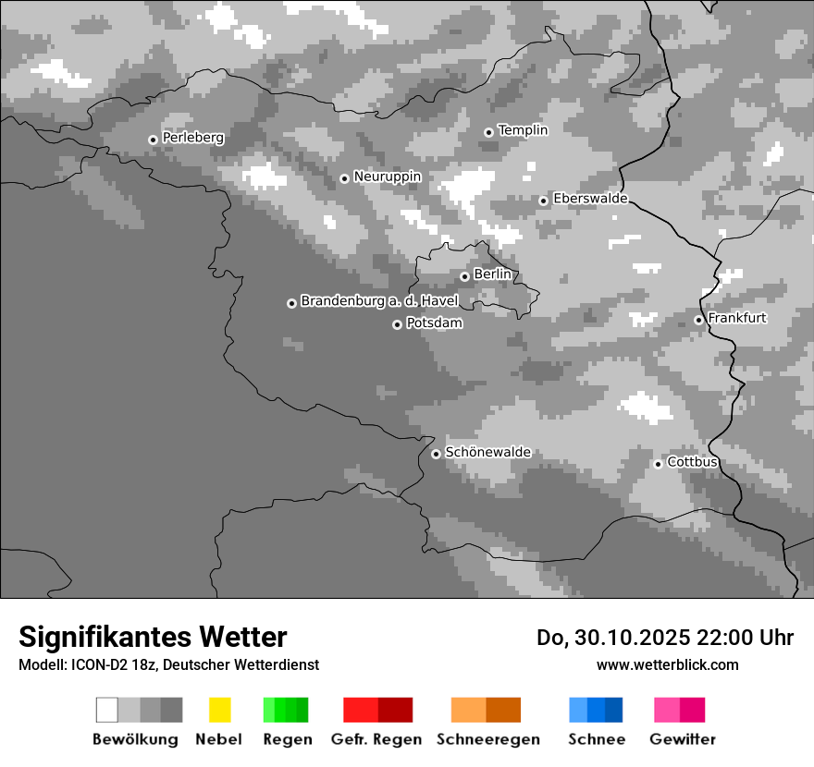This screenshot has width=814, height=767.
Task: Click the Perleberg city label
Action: [x=192, y=138]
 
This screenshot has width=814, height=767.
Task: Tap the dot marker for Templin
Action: [x=488, y=132]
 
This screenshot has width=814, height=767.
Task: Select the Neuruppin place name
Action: [x=387, y=177]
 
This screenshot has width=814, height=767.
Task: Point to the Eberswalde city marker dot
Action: [x=544, y=201]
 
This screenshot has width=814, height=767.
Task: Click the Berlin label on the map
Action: [x=492, y=274]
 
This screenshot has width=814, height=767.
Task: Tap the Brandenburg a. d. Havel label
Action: [x=379, y=301]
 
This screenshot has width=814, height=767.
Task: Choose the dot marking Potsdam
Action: [x=397, y=324]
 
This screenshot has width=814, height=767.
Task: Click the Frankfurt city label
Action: [x=737, y=318]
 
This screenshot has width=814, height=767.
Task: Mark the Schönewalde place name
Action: [x=488, y=452]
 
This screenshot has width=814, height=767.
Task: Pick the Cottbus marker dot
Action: [x=658, y=464]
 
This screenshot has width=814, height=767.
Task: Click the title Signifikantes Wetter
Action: [x=153, y=637]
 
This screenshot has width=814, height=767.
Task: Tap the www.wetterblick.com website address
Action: [x=667, y=664]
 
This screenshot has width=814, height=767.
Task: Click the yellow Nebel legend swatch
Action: [x=219, y=710]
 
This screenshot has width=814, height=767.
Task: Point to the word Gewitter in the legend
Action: [x=683, y=739]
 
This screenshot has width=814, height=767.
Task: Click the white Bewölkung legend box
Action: [x=107, y=710]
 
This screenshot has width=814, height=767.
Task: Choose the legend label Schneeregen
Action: [x=488, y=739]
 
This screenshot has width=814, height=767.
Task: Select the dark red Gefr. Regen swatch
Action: [x=395, y=710]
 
